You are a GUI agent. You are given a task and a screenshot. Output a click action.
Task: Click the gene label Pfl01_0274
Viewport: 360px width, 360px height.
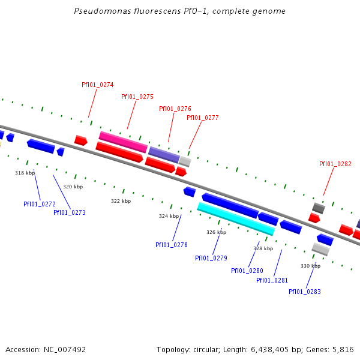[x=98, y=85]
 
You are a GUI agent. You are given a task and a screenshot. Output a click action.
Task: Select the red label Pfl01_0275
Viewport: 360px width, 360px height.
[x=137, y=97]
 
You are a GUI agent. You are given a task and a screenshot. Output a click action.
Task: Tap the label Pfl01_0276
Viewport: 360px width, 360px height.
[x=175, y=109]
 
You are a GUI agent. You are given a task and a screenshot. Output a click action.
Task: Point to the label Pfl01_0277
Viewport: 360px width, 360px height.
[x=203, y=118]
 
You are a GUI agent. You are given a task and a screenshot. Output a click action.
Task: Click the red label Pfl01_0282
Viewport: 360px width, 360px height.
[x=335, y=164]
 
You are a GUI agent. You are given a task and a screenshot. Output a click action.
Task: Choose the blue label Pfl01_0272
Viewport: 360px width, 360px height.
[x=40, y=204]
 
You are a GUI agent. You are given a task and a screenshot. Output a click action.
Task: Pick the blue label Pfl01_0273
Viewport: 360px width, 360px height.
[x=70, y=212]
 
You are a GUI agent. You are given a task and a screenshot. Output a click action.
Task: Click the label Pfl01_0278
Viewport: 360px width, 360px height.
[x=172, y=245]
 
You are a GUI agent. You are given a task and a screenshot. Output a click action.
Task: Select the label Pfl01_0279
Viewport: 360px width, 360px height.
[x=211, y=258]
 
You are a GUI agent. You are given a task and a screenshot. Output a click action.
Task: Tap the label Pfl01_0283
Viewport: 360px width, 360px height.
[x=305, y=292]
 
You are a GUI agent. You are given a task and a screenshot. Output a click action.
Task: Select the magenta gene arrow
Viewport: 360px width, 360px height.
[x=123, y=142]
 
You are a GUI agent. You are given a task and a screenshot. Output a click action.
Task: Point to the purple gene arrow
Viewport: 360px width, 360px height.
[x=164, y=154]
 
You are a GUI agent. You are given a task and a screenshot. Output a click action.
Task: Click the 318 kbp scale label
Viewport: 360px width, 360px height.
[x=25, y=173]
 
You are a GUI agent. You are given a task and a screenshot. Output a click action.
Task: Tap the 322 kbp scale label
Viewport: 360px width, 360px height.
[x=121, y=201]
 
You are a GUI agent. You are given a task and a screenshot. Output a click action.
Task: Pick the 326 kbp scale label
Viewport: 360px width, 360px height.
[x=216, y=232]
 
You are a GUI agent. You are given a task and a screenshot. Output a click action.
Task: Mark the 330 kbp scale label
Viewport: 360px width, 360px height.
[x=310, y=266]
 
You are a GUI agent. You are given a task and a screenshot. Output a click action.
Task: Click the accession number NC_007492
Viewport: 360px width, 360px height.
[x=65, y=349]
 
